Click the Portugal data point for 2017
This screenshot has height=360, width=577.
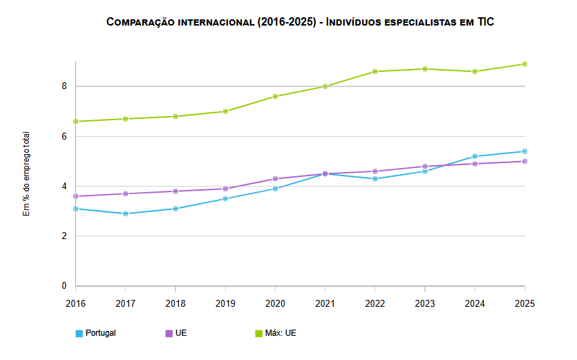(x=126, y=214)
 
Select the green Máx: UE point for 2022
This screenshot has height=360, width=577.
(x=375, y=71)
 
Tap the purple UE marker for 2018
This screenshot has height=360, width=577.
(x=176, y=191)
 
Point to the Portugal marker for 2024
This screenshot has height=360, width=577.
(x=475, y=156)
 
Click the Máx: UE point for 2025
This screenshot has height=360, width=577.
(x=524, y=64)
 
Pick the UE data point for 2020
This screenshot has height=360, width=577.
(x=275, y=179)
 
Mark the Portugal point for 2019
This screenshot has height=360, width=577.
(x=225, y=199)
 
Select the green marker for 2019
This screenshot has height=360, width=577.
(x=225, y=111)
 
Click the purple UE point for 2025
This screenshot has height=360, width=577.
(x=524, y=161)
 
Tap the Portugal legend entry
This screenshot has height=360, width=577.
(x=95, y=333)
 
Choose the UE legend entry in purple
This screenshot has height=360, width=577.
(x=176, y=333)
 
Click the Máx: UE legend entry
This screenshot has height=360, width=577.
(x=276, y=333)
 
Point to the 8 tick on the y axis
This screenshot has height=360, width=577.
(x=64, y=86)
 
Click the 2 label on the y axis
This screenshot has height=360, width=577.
(x=64, y=236)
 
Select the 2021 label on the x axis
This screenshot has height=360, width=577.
(x=325, y=303)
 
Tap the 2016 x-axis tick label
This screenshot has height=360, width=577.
(x=75, y=303)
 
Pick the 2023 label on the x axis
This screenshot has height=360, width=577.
(x=425, y=303)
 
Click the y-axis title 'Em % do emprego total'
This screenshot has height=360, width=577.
(x=26, y=173)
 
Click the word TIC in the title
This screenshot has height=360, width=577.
(x=486, y=21)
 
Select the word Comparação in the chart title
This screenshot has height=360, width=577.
(x=140, y=22)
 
